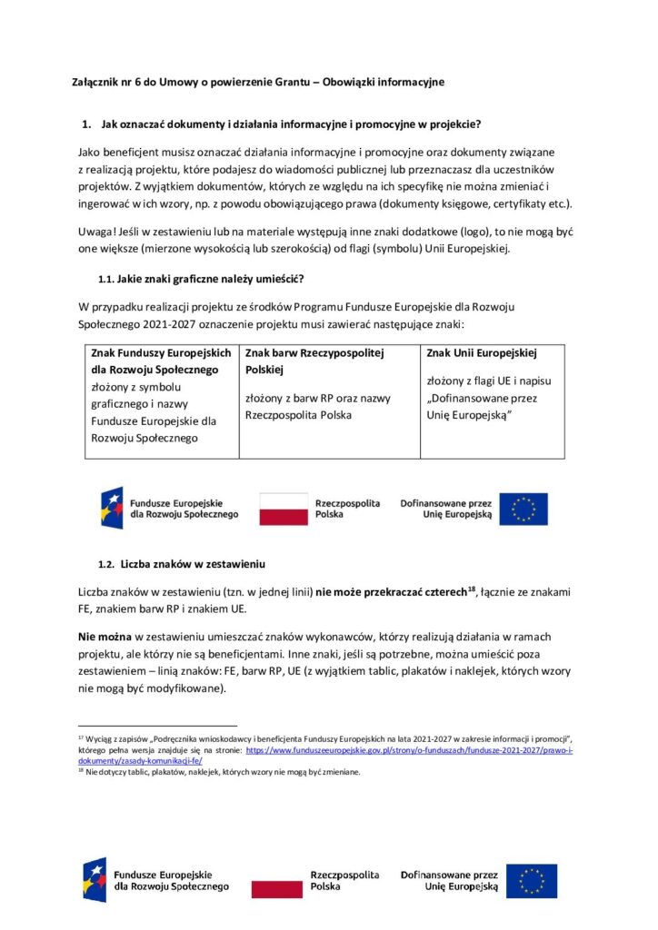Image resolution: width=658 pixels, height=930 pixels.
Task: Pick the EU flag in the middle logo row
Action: tap(523, 509)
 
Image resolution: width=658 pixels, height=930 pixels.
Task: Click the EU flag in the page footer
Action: tap(532, 880)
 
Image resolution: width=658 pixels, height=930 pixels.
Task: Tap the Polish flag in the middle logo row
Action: tap(284, 509)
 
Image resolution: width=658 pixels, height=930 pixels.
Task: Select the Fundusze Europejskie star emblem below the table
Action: tap(113, 508)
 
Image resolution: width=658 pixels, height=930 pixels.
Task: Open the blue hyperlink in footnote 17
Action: tap(391, 753)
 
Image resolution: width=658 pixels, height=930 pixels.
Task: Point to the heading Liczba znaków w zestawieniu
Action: tap(193, 563)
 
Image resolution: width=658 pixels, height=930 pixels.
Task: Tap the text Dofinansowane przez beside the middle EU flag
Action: tap(445, 502)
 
